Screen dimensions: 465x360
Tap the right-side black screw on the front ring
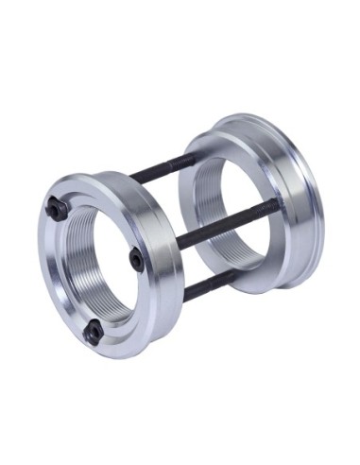click(x=137, y=258)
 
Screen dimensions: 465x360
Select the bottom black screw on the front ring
click(x=92, y=330)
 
